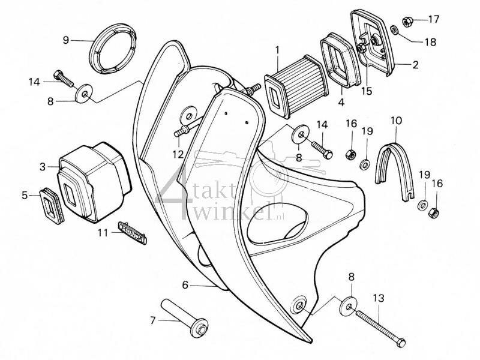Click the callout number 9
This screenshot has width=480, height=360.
coord(66,40)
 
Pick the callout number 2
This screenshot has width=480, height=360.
coord(415,64)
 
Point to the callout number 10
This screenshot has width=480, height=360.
coord(395,120)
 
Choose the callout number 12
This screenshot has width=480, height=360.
coord(176,154)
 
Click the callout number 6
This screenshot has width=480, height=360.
coord(185,285)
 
